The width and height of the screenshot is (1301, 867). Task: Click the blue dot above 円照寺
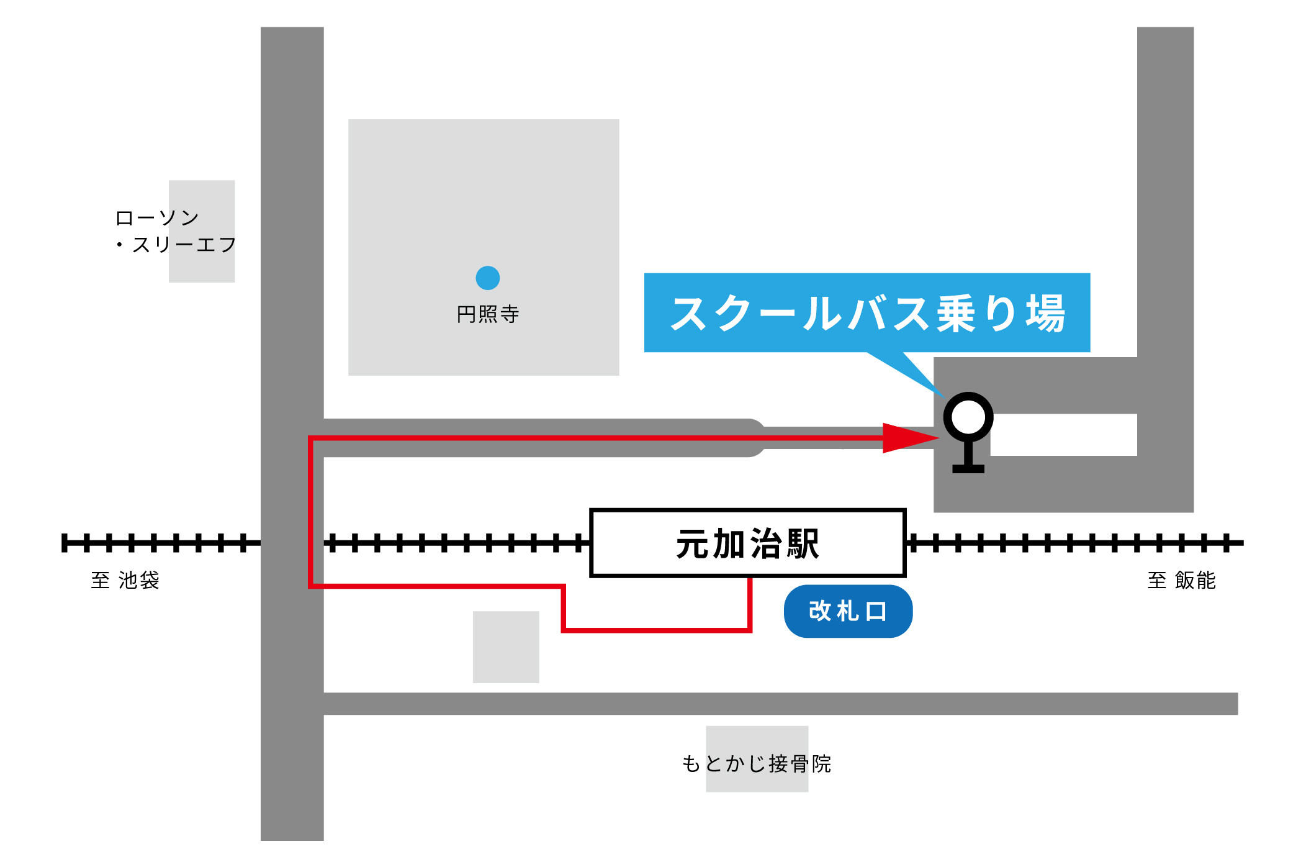[487, 278]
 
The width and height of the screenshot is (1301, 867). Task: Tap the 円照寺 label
[487, 314]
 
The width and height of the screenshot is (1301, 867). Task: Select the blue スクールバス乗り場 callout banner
[867, 312]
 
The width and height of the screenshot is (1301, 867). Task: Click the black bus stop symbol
[968, 432]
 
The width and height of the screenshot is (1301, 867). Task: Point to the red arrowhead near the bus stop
[910, 438]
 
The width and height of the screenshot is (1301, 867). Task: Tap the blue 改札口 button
[848, 611]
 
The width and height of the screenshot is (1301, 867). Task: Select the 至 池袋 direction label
[125, 580]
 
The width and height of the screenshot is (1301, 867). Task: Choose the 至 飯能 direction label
[1181, 580]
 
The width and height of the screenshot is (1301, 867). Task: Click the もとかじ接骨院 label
[756, 763]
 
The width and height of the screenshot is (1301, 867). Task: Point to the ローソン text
[157, 218]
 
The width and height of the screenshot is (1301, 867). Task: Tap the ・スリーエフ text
[176, 245]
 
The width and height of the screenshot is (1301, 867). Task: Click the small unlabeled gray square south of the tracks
[506, 647]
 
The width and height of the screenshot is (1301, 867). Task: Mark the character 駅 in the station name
[803, 544]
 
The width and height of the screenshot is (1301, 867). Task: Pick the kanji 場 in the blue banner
[1045, 313]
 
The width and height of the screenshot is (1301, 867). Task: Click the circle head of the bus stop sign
[968, 417]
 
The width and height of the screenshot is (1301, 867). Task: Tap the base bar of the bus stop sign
[968, 469]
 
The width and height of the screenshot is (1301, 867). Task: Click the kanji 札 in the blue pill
[847, 611]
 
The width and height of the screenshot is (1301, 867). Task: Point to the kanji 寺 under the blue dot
[510, 314]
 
